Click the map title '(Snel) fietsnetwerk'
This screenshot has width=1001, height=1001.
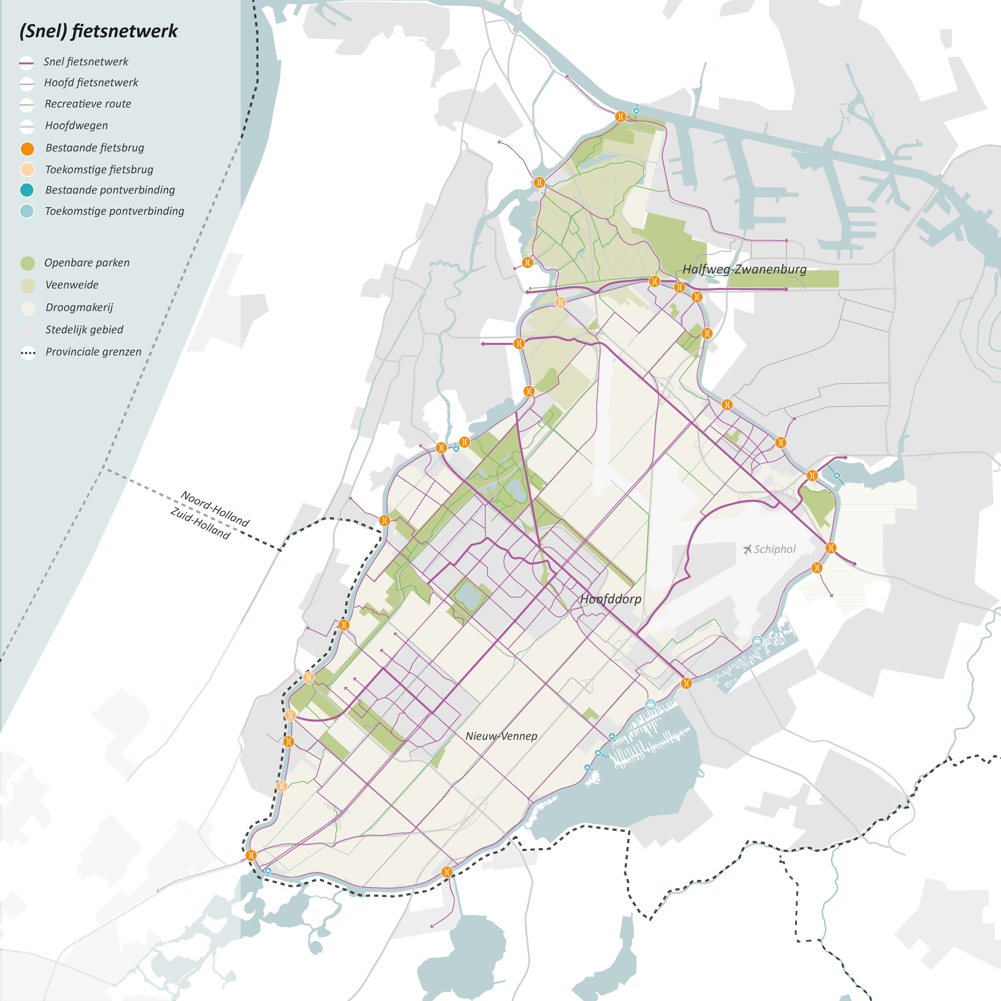coord(99,31)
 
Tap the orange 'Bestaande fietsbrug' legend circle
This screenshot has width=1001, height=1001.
coord(27,149)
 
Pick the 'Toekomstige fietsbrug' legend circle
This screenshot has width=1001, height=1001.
coord(27,169)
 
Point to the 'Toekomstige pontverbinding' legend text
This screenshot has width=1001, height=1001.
coord(114,211)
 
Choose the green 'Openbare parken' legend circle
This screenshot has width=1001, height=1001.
coord(27,263)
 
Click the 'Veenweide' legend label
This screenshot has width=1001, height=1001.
coord(72,285)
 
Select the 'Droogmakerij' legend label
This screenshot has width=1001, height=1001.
coord(79,307)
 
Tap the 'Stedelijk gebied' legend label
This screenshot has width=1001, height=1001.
coord(84,330)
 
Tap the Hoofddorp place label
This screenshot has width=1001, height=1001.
coord(610,599)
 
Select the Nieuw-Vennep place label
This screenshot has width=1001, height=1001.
coord(501,736)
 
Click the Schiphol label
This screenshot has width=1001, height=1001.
coord(775,549)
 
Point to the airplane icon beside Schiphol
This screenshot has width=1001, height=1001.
coord(747,549)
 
